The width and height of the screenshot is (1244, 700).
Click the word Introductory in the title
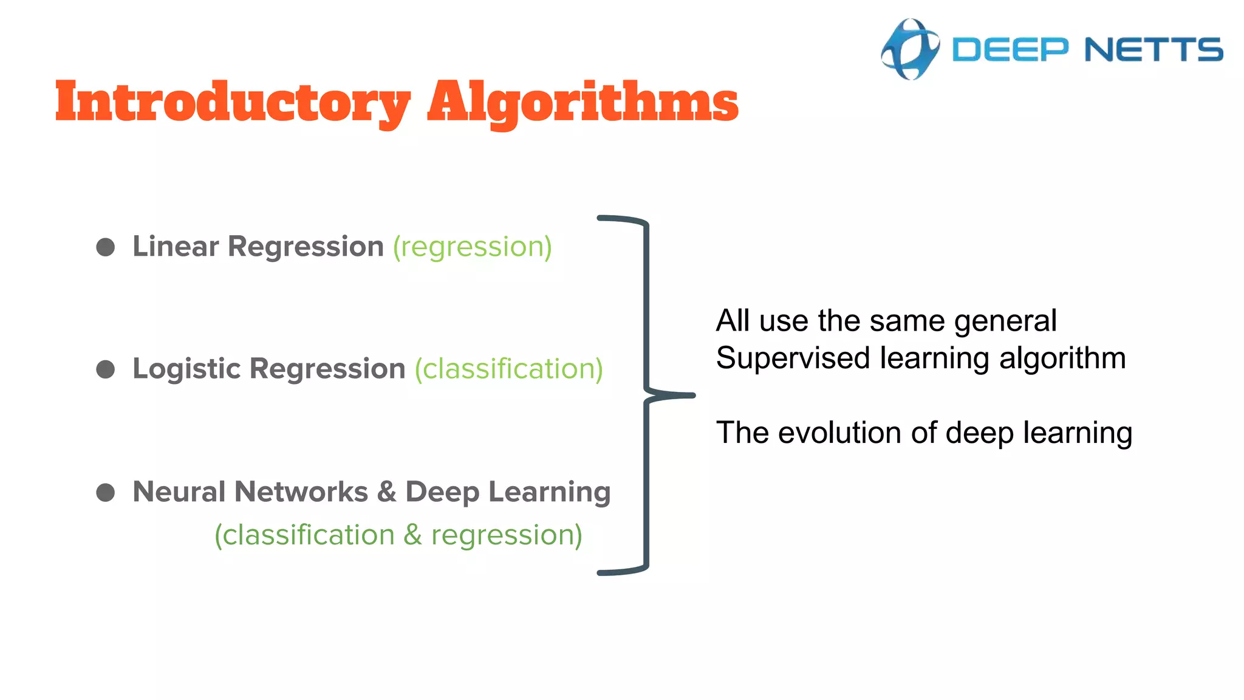(233, 102)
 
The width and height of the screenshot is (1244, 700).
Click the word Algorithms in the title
(583, 102)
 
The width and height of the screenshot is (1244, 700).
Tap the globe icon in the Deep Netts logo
(910, 49)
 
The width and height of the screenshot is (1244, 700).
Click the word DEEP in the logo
(1010, 50)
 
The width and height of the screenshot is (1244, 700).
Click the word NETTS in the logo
(1153, 50)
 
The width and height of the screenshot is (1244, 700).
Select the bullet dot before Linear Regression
(106, 247)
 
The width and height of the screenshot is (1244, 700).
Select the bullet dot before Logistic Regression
(106, 369)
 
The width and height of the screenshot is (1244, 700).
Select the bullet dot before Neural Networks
(106, 492)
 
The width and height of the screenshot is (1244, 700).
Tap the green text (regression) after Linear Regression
(473, 247)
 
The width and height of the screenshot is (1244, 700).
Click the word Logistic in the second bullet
(186, 369)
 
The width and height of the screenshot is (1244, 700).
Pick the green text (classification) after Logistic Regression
(509, 369)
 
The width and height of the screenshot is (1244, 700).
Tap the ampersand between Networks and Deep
(386, 492)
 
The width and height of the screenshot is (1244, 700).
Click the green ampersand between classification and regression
(412, 535)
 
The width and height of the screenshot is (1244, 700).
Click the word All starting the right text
(733, 321)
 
